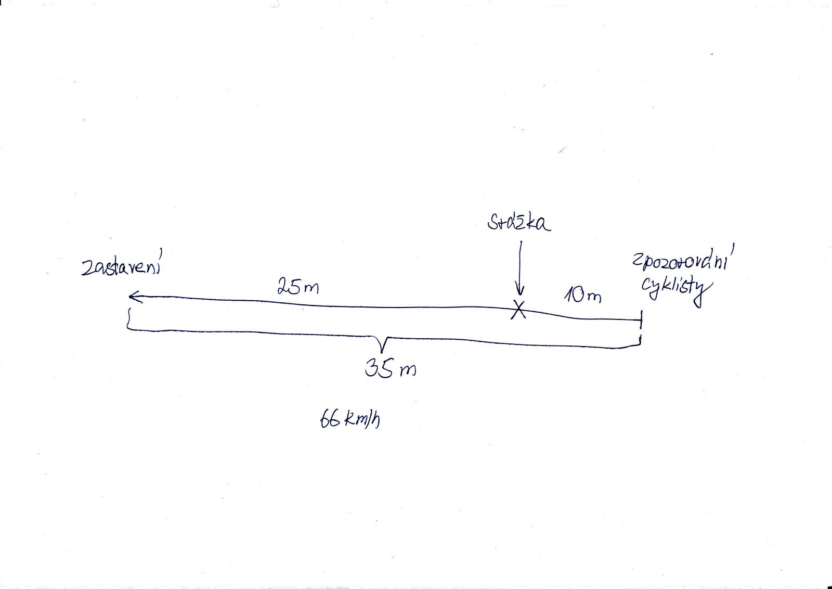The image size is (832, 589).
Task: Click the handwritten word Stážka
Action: tap(519, 223)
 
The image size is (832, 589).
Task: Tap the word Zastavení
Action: tap(122, 265)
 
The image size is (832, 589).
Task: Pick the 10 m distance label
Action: tap(582, 296)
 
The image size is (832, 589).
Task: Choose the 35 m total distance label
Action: tap(391, 368)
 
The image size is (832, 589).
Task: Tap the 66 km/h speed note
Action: tap(350, 419)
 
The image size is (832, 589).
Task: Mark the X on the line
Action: tap(518, 309)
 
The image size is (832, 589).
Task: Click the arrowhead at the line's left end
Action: tap(136, 297)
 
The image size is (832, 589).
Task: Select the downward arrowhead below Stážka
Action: tap(519, 290)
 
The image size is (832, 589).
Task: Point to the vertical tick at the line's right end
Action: tap(641, 319)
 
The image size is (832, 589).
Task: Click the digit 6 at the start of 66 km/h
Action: tap(324, 419)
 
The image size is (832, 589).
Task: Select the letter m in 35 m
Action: tap(408, 370)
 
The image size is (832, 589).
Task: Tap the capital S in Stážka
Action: tap(493, 223)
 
